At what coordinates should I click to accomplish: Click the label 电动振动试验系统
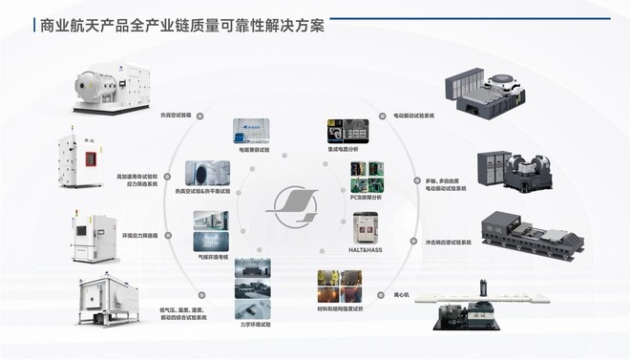tap(413, 115)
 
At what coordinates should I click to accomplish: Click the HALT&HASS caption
tap(367, 247)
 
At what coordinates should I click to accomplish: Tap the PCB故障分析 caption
tap(367, 197)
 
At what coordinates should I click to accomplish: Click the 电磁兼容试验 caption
tap(253, 150)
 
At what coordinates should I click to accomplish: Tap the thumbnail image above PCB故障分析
tap(367, 176)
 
